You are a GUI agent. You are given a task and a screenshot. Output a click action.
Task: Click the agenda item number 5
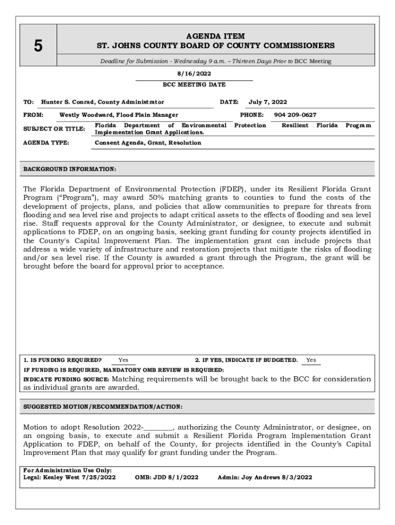tap(38, 46)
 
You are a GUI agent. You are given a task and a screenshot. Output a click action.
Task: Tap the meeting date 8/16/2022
tap(194, 74)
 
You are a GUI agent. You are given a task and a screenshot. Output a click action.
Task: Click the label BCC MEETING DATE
tap(194, 85)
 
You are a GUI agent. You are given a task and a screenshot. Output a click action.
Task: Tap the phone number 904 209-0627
tap(295, 115)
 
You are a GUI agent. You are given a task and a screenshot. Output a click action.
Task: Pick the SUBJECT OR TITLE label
tap(54, 129)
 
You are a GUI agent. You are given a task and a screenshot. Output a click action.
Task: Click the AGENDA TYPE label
tap(46, 143)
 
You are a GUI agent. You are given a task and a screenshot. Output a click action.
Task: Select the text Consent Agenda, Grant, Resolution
tap(148, 143)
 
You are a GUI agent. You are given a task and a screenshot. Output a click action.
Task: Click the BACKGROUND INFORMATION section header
tap(70, 169)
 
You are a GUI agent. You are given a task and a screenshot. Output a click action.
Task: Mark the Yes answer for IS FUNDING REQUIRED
tap(124, 360)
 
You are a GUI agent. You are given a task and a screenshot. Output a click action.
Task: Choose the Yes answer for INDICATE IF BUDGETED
tap(311, 360)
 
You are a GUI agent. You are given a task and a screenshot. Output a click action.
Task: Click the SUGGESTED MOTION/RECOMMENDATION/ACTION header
tap(103, 407)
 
